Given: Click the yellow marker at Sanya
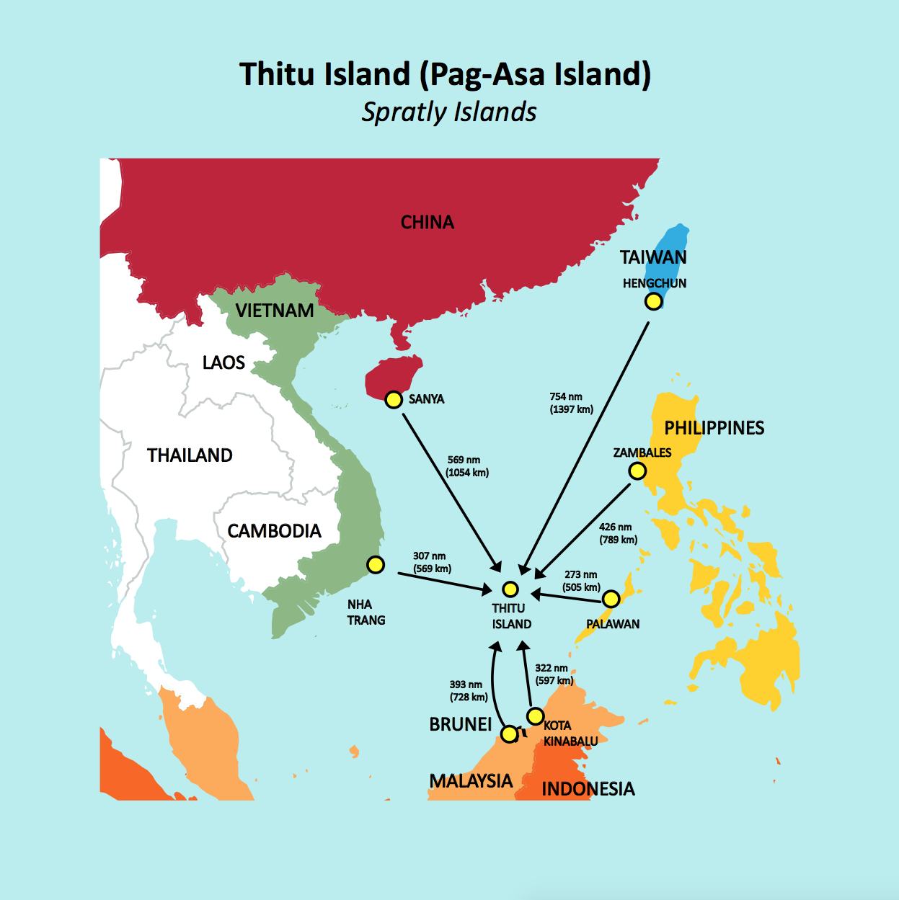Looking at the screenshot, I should [x=393, y=399].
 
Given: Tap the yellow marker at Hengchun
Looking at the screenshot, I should [x=653, y=301].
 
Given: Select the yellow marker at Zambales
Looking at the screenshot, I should [x=637, y=471].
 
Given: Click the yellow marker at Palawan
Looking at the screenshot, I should [x=611, y=599].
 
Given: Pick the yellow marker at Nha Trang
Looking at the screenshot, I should [x=376, y=565].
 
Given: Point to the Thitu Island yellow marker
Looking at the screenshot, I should [x=510, y=589].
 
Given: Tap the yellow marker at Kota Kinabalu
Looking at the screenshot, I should [x=535, y=716].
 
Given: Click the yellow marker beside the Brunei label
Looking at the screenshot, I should [x=509, y=734].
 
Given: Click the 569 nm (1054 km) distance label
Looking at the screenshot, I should [x=467, y=466].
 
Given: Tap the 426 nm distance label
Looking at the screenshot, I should [x=618, y=533].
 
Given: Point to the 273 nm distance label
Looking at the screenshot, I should [x=581, y=581].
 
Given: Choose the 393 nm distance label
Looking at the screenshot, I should [x=468, y=690].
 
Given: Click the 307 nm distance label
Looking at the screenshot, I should [x=431, y=562].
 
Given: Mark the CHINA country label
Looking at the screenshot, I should [x=428, y=223].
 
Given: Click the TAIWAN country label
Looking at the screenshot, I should [x=653, y=257].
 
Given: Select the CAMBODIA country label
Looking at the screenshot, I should [x=274, y=531].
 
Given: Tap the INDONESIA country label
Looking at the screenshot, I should [x=588, y=789].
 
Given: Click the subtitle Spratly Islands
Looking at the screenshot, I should [x=449, y=112].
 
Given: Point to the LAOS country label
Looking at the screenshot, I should [x=223, y=362].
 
